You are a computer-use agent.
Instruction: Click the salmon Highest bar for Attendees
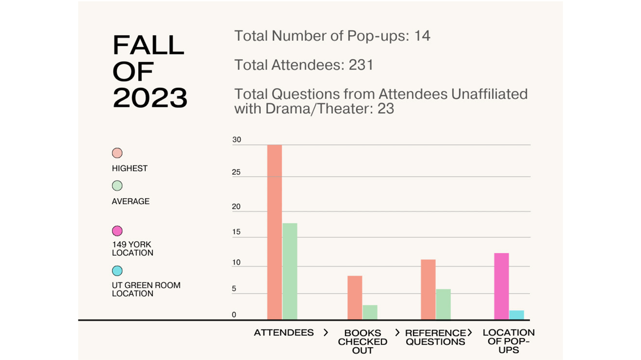tap(274, 232)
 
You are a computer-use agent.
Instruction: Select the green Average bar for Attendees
tap(290, 271)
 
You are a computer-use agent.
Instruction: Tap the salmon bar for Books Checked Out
tap(355, 298)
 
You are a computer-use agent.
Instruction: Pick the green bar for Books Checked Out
tap(370, 312)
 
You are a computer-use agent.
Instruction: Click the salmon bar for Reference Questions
tap(428, 289)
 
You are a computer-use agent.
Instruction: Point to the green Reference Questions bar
tap(443, 304)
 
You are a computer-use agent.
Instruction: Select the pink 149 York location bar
tap(501, 286)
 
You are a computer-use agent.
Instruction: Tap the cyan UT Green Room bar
tap(517, 315)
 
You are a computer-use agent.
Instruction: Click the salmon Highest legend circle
tap(117, 153)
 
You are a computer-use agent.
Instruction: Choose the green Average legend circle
tap(117, 186)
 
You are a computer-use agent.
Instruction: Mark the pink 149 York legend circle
tap(117, 231)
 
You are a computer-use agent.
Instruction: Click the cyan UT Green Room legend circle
tap(117, 271)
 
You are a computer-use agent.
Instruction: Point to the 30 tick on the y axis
tap(237, 140)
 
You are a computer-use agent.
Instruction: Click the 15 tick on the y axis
tap(237, 232)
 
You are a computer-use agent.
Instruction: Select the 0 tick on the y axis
tap(234, 315)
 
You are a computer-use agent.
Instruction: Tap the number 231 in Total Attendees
tap(361, 65)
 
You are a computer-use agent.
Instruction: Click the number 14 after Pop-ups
tap(422, 36)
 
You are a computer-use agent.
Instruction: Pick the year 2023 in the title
tap(150, 98)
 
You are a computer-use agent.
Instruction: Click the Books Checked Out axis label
tap(363, 341)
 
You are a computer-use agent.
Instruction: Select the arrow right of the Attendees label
tap(326, 333)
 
